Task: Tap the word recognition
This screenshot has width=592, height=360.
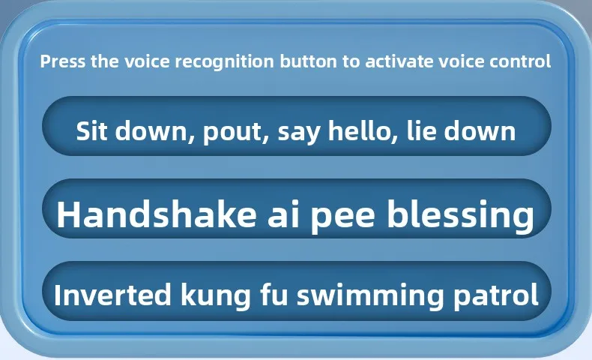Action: [x=224, y=62]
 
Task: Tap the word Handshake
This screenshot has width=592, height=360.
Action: [x=157, y=213]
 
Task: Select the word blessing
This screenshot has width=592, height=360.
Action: [x=460, y=215]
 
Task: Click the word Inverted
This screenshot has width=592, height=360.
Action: [x=112, y=295]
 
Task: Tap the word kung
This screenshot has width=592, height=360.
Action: [x=216, y=295]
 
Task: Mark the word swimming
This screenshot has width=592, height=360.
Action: [x=370, y=296]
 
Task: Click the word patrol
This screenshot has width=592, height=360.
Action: [x=496, y=295]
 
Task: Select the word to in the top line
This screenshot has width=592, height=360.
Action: [x=351, y=62]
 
